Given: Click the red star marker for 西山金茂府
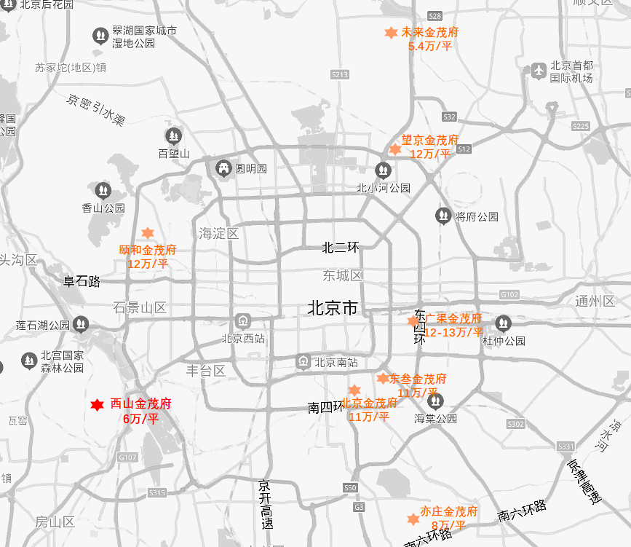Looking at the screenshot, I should coord(96,405).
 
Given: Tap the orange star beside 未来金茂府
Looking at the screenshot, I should coord(391,33).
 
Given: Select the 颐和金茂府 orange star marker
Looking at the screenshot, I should coord(147,233).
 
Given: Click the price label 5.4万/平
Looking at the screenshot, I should coord(430,46).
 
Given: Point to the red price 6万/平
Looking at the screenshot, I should coord(140,418).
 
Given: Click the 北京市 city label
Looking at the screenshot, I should coord(333,308).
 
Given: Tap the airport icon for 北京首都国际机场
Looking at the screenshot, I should coord(539,71).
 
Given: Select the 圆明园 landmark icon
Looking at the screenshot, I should coord(223,168).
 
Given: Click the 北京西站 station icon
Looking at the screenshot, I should coord(242,321).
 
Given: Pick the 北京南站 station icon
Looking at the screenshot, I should coord(303,361).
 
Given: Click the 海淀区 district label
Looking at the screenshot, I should coord(219,234).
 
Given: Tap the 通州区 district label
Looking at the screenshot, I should coord(595,301).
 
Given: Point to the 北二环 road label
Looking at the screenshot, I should coord(341,248).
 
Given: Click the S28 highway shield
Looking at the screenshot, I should coord(435,16).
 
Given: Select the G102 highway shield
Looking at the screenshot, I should coord(509,294).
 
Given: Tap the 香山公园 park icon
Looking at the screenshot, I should coord(103,191).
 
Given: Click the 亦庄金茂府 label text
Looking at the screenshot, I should coord(448,511).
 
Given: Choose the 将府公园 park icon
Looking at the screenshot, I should coord(443,216).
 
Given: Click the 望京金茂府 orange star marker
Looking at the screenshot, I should coord(394,149).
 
